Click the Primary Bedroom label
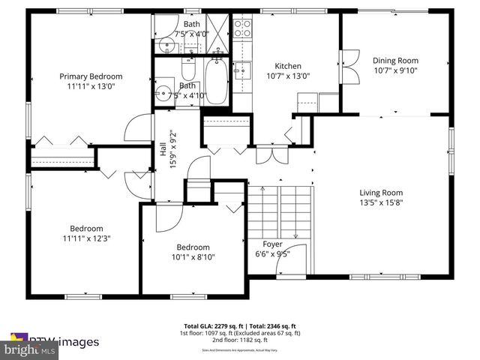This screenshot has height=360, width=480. pos(91,76)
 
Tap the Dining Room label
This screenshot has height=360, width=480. pos(395,61)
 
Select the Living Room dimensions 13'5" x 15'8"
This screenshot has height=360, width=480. pos(381,202)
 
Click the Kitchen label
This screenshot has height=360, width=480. pos(287,65)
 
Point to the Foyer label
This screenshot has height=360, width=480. pos(272,244)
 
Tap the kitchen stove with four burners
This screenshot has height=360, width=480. pos(243,28)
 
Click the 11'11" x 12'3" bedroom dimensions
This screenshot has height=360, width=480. pos(86,238)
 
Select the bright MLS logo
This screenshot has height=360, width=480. pos(30,349)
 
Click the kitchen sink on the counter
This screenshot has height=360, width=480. pos(242,70)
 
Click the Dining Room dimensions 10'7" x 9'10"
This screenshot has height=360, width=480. pos(395,71)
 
